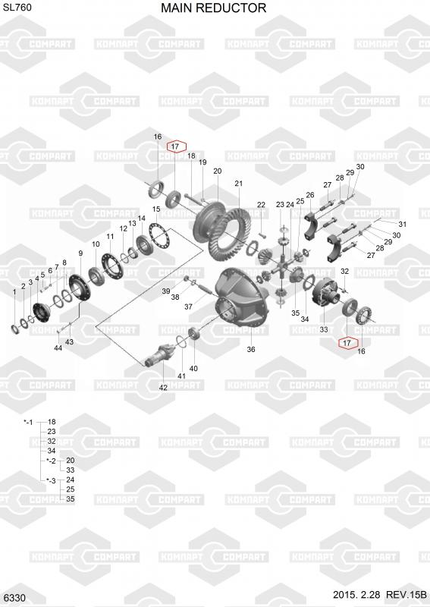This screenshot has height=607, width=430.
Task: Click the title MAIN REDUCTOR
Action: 213,8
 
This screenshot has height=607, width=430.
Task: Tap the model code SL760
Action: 17,8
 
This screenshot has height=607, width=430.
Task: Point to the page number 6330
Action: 15,598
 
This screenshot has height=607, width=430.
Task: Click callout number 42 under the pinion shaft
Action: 163,388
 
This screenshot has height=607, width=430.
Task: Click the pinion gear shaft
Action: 160,355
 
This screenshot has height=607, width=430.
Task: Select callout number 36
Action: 251,349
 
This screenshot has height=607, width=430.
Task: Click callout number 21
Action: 238,183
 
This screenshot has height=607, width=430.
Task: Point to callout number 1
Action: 14,292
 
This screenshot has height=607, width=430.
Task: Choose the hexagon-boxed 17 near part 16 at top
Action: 177,146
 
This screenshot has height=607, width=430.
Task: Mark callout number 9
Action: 80,253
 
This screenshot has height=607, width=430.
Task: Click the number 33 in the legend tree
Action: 70,470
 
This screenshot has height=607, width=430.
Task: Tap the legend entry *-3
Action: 51,480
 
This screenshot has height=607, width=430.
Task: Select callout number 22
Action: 261,204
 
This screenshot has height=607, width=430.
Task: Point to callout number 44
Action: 58,348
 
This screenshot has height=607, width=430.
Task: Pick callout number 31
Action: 403,224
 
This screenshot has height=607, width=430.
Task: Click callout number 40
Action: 193,369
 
